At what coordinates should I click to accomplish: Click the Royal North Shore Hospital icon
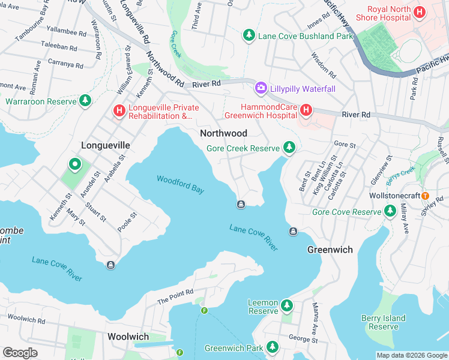pyautogui.click(x=420, y=12)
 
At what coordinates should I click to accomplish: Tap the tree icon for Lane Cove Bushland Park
pyautogui.click(x=249, y=36)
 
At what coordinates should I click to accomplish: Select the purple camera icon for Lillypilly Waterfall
pyautogui.click(x=261, y=88)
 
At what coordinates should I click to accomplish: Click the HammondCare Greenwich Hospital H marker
pyautogui.click(x=306, y=110)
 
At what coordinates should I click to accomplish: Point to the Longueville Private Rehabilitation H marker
pyautogui.click(x=119, y=111)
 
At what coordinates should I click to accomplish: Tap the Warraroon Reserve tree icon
pyautogui.click(x=86, y=101)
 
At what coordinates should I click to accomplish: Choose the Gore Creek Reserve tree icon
pyautogui.click(x=289, y=148)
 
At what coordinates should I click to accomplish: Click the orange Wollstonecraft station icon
pyautogui.click(x=425, y=196)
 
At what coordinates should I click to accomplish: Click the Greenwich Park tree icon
pyautogui.click(x=273, y=347)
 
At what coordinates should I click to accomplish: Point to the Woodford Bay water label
pyautogui.click(x=180, y=184)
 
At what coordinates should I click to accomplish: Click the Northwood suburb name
pyautogui.click(x=223, y=133)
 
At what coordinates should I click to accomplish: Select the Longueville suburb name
pyautogui.click(x=106, y=145)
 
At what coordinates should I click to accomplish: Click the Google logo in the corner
pyautogui.click(x=20, y=352)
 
